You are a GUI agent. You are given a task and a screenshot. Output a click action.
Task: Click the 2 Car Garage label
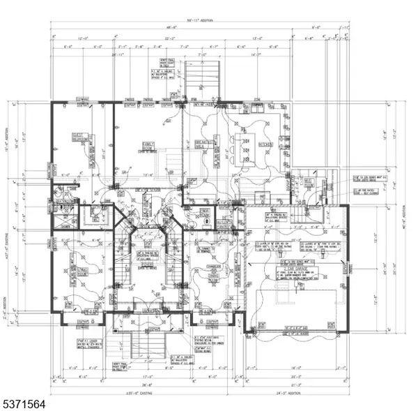(302, 267)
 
